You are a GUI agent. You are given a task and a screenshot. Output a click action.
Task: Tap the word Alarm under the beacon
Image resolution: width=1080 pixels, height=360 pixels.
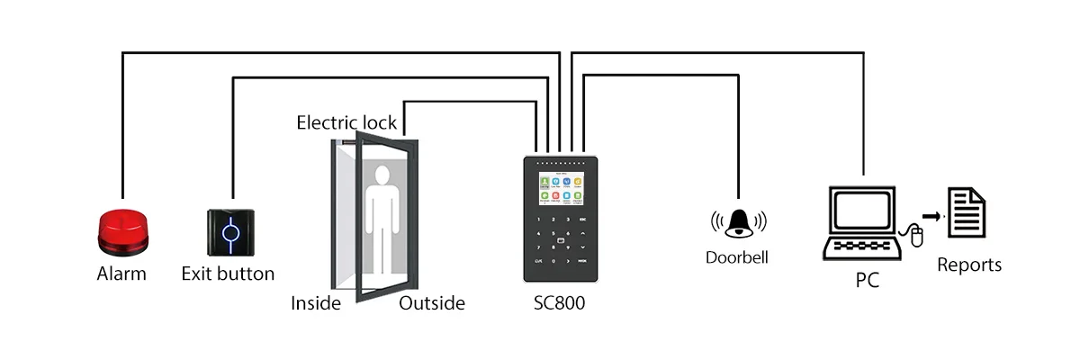pyautogui.click(x=121, y=274)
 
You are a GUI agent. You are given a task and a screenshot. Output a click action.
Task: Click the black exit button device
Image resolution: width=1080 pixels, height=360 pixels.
pyautogui.click(x=232, y=232)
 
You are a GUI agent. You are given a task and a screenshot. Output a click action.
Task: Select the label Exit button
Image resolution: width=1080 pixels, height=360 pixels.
pyautogui.click(x=228, y=274)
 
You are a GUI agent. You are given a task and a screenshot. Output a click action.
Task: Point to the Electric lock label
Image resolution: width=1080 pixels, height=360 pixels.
pyautogui.click(x=346, y=122)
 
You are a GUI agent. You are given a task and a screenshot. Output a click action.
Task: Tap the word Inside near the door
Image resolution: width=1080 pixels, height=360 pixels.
pyautogui.click(x=316, y=303)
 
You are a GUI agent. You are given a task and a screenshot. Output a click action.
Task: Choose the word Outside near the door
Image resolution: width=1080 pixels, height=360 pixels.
pyautogui.click(x=432, y=303)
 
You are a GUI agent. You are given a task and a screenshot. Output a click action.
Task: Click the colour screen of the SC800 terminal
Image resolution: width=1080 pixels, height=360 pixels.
pyautogui.click(x=559, y=192)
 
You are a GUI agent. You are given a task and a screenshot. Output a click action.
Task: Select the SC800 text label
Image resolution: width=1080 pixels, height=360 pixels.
pyautogui.click(x=559, y=303)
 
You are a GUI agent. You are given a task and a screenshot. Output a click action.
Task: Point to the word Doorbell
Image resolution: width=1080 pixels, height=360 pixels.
pyautogui.click(x=737, y=257)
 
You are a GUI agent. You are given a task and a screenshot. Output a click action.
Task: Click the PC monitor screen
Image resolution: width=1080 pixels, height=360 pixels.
pyautogui.click(x=862, y=210)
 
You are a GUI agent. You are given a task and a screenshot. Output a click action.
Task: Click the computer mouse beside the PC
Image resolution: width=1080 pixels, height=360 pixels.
pyautogui.click(x=917, y=237)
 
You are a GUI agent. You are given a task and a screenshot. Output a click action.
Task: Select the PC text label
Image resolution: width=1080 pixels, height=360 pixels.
pyautogui.click(x=867, y=281)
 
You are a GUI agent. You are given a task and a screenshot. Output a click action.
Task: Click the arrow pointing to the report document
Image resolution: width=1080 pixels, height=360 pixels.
pyautogui.click(x=933, y=216)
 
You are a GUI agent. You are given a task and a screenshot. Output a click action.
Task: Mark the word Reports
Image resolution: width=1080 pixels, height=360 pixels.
pyautogui.click(x=969, y=265)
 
